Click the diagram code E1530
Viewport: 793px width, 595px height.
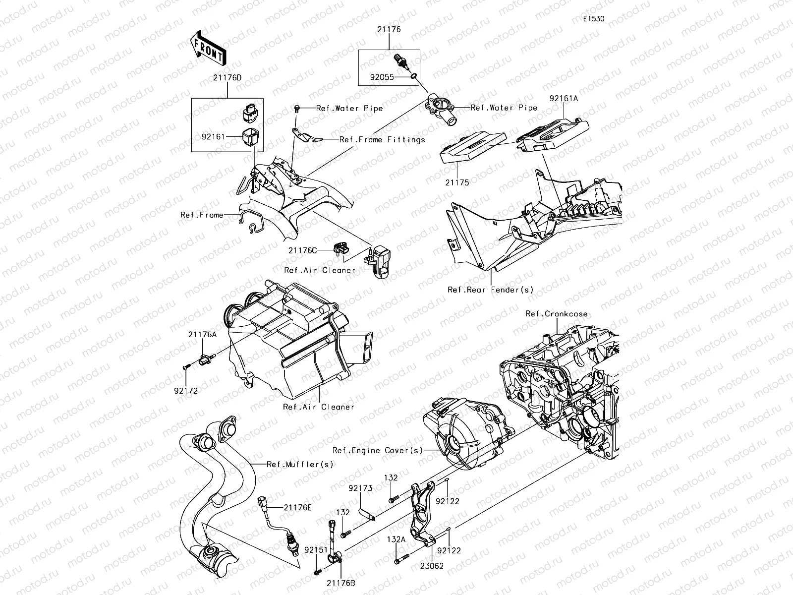click(x=593, y=19)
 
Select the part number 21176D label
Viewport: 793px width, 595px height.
click(x=227, y=78)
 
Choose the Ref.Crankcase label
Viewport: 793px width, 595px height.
click(x=557, y=314)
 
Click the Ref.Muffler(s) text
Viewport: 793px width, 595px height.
click(x=300, y=465)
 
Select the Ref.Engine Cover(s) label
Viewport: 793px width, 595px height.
click(x=378, y=450)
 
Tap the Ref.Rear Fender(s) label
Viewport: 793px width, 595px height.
click(x=490, y=290)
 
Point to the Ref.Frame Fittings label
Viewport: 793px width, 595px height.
click(x=382, y=140)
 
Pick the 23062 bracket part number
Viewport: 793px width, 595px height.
click(x=432, y=566)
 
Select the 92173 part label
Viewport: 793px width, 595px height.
click(x=360, y=488)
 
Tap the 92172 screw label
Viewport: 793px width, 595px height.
click(x=186, y=391)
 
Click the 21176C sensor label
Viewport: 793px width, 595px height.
click(x=302, y=250)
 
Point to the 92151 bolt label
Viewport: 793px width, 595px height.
click(x=316, y=550)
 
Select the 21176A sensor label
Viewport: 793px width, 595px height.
click(x=202, y=335)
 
